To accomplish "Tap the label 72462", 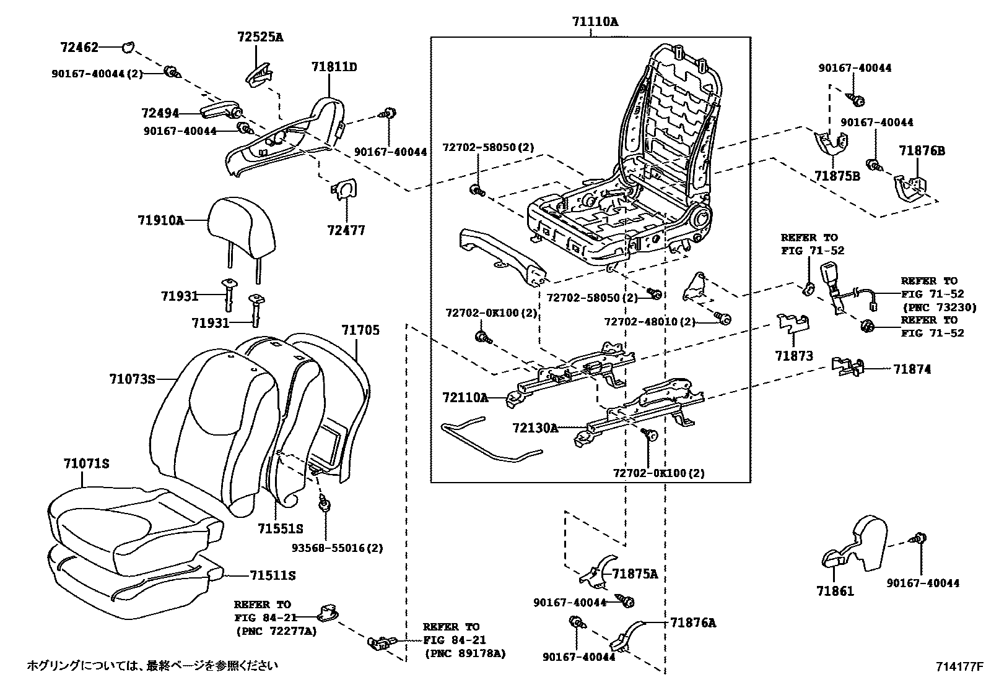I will click(79, 46).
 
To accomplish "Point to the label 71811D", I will click(334, 67).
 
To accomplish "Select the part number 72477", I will click(346, 230).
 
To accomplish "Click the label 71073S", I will click(132, 379).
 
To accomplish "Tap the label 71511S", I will click(273, 575).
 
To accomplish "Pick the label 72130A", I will click(535, 427).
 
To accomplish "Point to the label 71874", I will click(912, 369).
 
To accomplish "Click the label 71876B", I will click(922, 151).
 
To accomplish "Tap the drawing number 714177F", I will click(959, 666).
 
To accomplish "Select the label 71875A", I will click(635, 574).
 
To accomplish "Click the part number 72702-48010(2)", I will click(650, 322).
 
